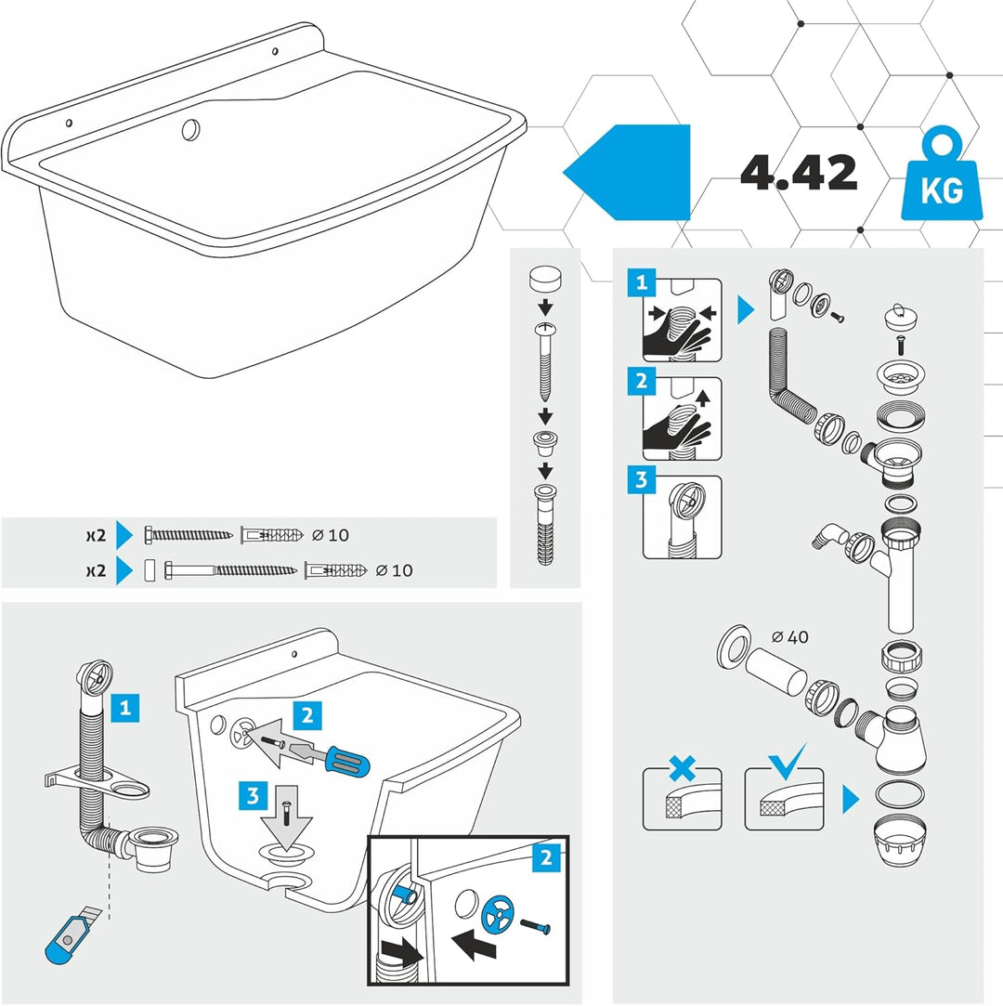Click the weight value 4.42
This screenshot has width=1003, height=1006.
pos(799,172)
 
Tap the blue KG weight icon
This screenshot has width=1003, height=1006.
pos(942,176)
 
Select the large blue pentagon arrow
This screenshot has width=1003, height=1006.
pos(626,172)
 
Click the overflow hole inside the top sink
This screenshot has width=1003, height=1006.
pos(190,130)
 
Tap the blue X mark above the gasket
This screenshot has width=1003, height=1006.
pos(683,767)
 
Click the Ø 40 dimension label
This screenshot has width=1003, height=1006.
pos(790,637)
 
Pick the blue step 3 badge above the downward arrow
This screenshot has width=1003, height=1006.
pos(253,795)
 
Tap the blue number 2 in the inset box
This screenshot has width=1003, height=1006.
pos(546,857)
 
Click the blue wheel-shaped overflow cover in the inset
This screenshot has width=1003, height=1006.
pos(498,914)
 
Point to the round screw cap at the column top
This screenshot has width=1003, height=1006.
pos(545,280)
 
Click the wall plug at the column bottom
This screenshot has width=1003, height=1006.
pos(545,525)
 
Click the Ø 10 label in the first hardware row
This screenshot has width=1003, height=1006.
pos(331,535)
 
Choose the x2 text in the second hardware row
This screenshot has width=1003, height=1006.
pos(97,570)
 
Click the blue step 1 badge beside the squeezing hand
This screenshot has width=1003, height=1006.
pos(642,282)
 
